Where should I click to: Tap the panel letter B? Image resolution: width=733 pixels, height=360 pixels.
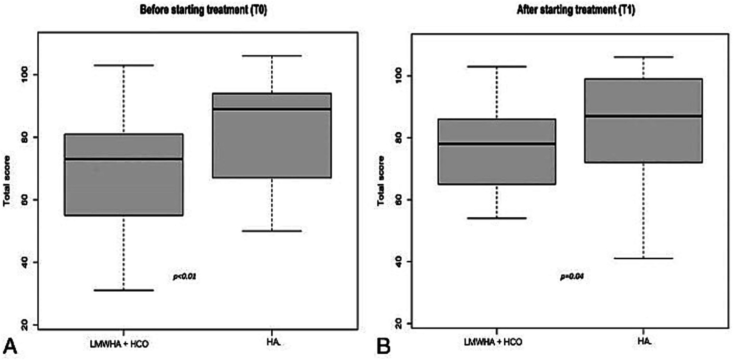[x=382, y=346]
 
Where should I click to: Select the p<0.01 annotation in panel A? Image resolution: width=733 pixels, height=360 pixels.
[x=185, y=276]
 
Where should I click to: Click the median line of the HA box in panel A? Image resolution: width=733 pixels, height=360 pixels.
[x=272, y=109]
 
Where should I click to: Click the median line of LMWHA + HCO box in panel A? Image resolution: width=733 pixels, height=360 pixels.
[x=124, y=159]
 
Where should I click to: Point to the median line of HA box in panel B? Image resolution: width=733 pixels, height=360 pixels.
[x=643, y=116]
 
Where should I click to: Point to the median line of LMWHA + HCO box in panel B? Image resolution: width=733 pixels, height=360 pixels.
[x=497, y=143]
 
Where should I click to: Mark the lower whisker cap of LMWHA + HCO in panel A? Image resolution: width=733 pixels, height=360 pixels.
[x=124, y=290]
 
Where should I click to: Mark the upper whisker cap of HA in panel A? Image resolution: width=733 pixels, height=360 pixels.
[x=272, y=56]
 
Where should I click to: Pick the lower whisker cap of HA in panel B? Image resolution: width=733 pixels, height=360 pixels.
[x=643, y=258]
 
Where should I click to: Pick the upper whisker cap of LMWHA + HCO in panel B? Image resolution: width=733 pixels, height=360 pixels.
[x=497, y=66]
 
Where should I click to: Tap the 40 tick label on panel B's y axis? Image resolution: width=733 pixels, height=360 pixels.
[x=395, y=262]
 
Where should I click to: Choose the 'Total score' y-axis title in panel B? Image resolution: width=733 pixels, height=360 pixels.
[x=381, y=181]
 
